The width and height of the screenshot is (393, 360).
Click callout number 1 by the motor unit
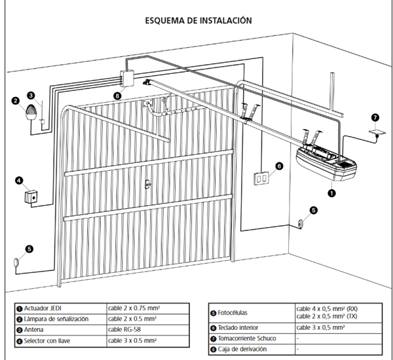coord(331,193)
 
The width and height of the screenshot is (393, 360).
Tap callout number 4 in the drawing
coord(19,181)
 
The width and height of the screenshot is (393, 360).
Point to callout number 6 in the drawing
coord(279,166)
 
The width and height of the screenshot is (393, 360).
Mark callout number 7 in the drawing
coord(374,117)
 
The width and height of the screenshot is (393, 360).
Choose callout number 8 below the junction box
coord(117,96)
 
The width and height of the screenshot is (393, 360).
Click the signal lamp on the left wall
coord(31,113)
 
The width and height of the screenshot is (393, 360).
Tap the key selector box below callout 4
coord(30,196)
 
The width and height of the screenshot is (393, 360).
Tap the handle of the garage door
coord(149,183)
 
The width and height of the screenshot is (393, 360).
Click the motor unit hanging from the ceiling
coord(324,163)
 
